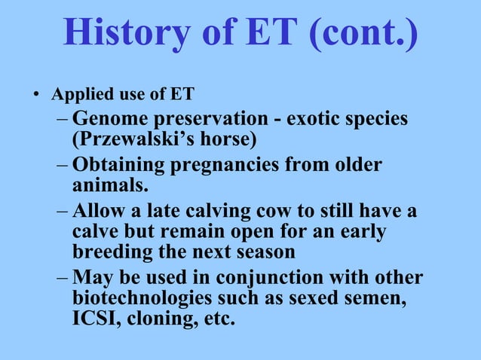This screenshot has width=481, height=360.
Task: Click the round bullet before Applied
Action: (34, 96)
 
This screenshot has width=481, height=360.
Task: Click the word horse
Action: (229, 140)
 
